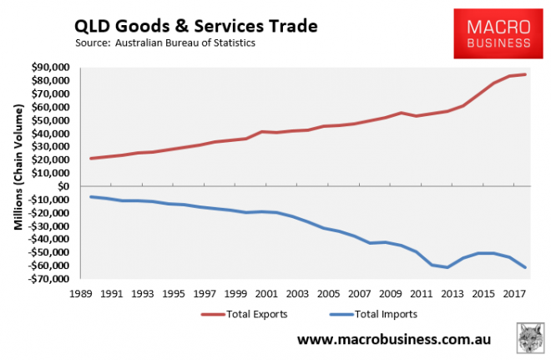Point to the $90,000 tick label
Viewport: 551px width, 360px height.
(48, 67)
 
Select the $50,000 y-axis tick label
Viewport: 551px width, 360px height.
(48, 120)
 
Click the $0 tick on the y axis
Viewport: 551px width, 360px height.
(61, 186)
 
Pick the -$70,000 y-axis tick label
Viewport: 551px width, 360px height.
(47, 279)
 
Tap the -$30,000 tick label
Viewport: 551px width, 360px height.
(47, 226)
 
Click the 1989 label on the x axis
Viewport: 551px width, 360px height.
(81, 293)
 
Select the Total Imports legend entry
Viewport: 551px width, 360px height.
(367, 314)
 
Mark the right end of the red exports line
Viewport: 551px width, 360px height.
(525, 74)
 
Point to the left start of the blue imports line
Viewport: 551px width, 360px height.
(90, 196)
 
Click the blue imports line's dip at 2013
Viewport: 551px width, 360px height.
(447, 267)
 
